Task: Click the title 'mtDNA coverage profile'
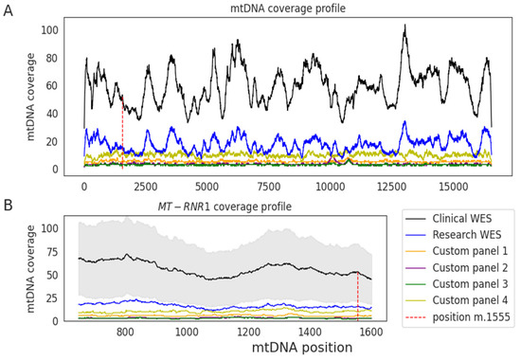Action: pyautogui.click(x=287, y=9)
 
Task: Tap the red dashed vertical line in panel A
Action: pyautogui.click(x=122, y=133)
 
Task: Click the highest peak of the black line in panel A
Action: pyautogui.click(x=404, y=27)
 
